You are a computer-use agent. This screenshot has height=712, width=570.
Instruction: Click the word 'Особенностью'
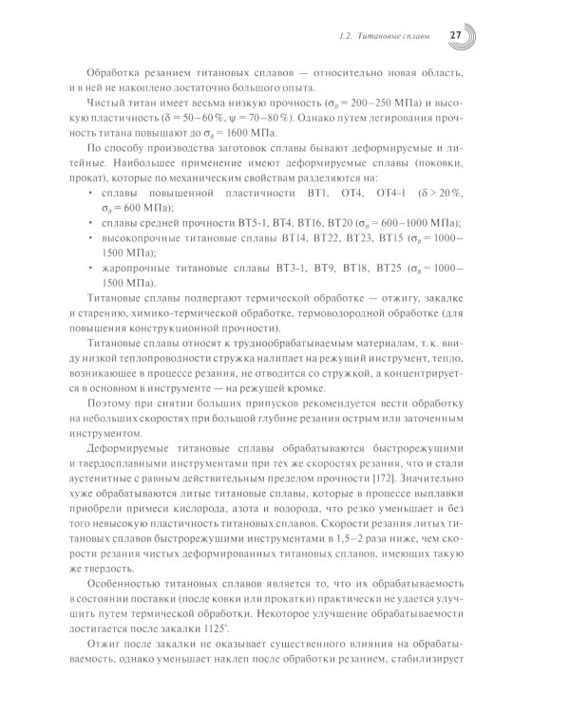click(124, 576)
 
